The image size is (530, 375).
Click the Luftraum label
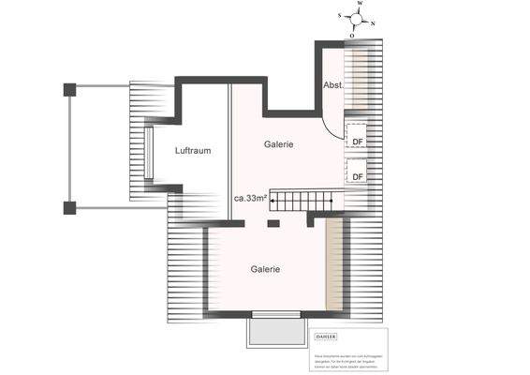coord(192,151)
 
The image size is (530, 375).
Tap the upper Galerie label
coord(279,144)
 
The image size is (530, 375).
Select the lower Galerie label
coord(265,269)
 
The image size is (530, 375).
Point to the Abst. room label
coord(333,85)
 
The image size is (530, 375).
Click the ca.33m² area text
coord(251,199)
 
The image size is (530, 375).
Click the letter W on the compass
coord(360,5)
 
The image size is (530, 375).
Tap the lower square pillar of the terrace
coord(69,207)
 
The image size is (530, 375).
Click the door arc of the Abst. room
coord(333,117)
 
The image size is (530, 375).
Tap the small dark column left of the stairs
coord(272,223)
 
